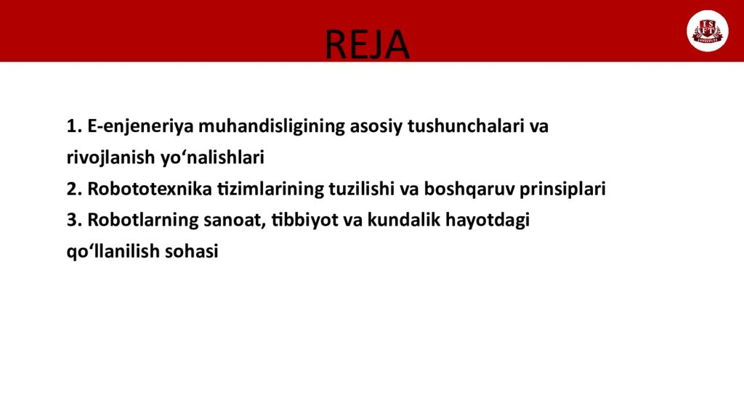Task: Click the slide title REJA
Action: click(367, 44)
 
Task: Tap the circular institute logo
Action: click(707, 31)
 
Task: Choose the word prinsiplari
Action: click(562, 189)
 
